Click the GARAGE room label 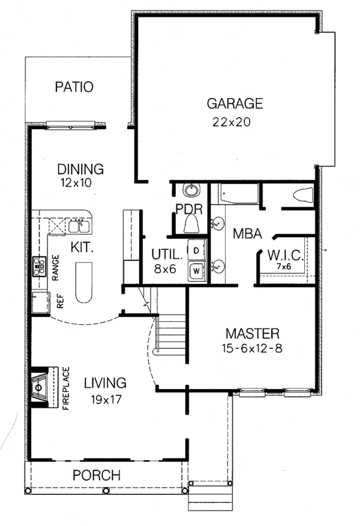(235, 103)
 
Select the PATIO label (74, 87)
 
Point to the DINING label (80, 169)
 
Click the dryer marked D (196, 249)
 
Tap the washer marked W (196, 271)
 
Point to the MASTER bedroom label (253, 333)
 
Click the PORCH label (96, 475)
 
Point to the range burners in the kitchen (40, 265)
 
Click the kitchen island (83, 285)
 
